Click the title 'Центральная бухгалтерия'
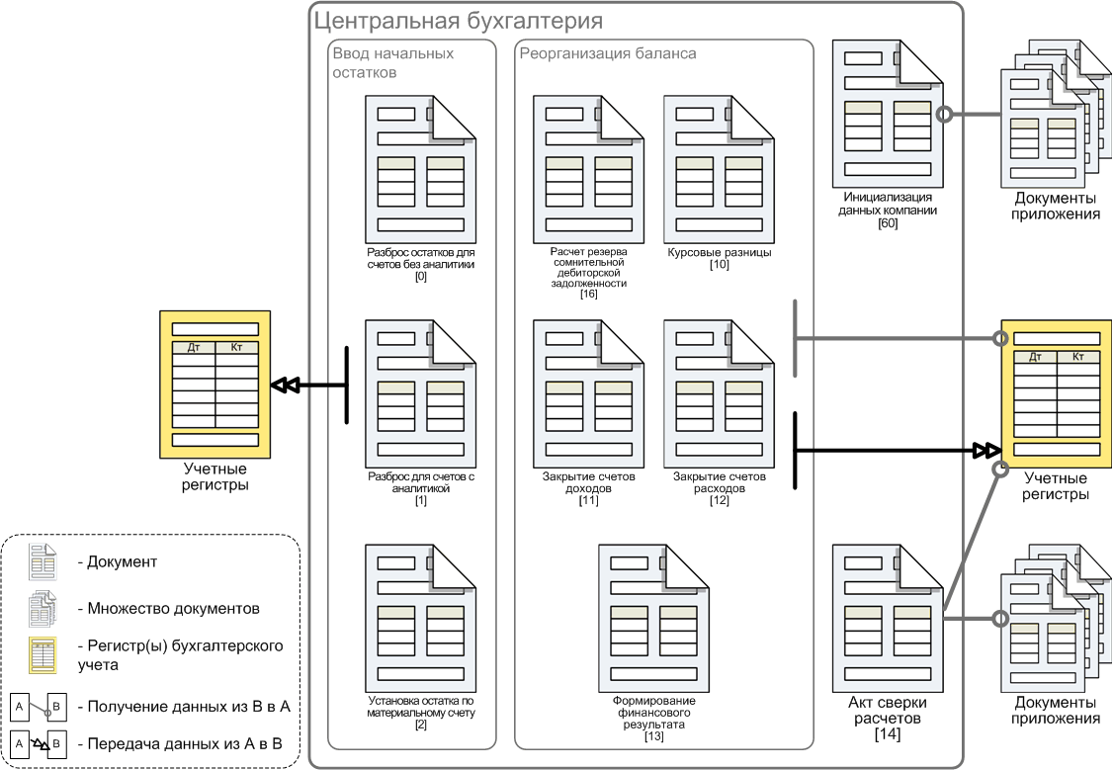coord(458,22)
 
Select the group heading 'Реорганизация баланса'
coord(608,54)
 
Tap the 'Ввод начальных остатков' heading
coord(393,63)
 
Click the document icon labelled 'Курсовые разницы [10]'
coord(719,170)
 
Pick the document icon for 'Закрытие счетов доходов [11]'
coord(588,393)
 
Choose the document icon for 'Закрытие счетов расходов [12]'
coord(719,393)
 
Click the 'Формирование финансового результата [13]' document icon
coord(653,618)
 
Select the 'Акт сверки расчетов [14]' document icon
coord(888,618)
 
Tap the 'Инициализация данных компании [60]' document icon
coord(888,114)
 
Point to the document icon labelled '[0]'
coord(420,170)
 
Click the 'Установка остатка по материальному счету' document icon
coord(420,618)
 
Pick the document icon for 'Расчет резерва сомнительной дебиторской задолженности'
coord(588,170)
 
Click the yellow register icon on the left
coord(215,384)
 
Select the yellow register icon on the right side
coord(1057,393)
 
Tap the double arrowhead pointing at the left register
coord(286,385)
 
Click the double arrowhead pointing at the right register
coord(986,450)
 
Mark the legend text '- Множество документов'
coord(168,609)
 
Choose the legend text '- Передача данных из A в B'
coord(180,744)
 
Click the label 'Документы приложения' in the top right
coord(1056,207)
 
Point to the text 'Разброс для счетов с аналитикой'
coord(421,482)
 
